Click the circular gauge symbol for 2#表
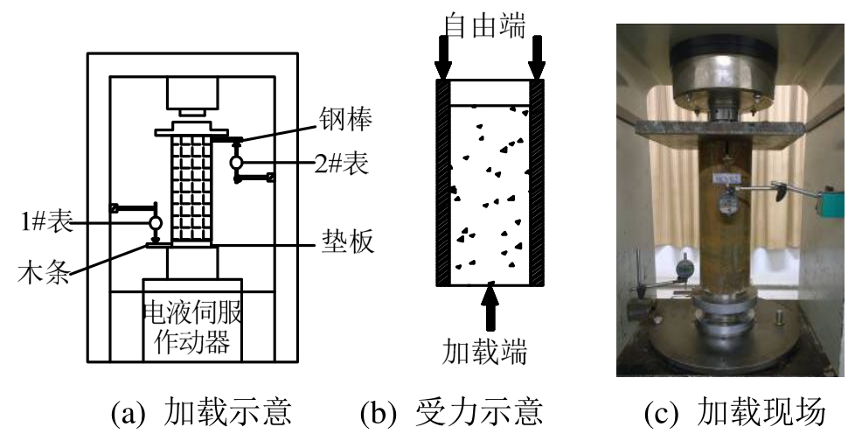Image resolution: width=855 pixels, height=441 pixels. [x=236, y=163]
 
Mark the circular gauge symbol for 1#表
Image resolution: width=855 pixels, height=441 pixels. [x=156, y=223]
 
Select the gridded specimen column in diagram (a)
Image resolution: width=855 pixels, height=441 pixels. [x=191, y=185]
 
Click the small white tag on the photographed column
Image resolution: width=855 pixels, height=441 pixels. [x=726, y=179]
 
